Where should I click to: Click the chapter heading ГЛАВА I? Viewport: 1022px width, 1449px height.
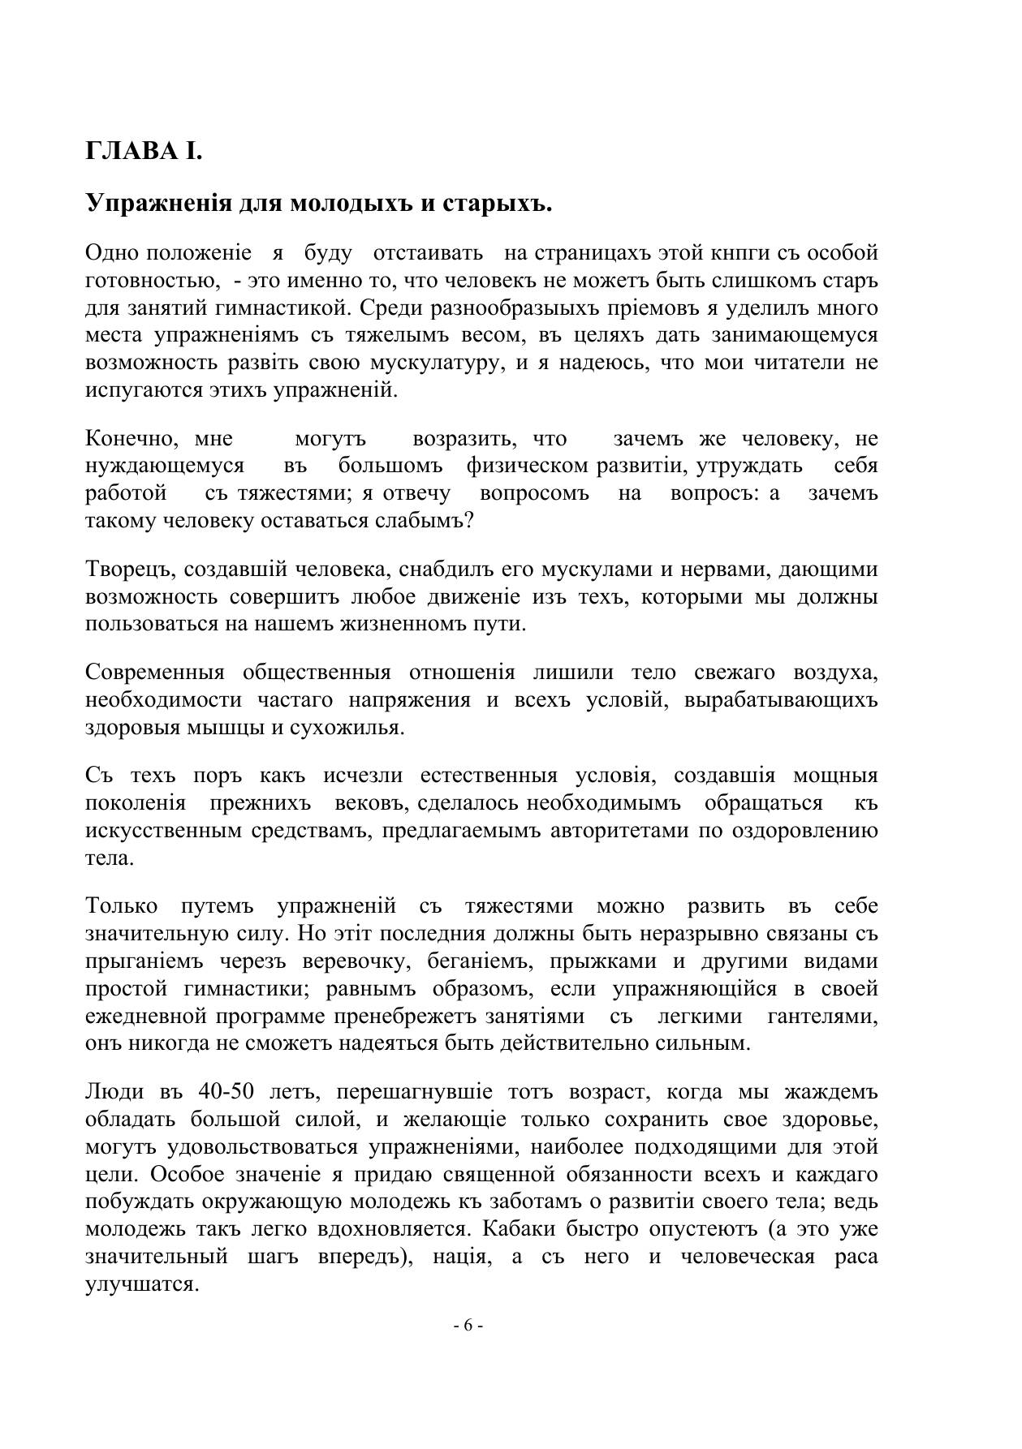coord(143,152)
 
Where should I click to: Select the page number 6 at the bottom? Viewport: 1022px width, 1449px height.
coord(468,1326)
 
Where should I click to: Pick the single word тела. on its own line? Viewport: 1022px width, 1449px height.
coord(109,858)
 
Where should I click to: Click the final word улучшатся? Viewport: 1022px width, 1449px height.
coord(143,1285)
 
